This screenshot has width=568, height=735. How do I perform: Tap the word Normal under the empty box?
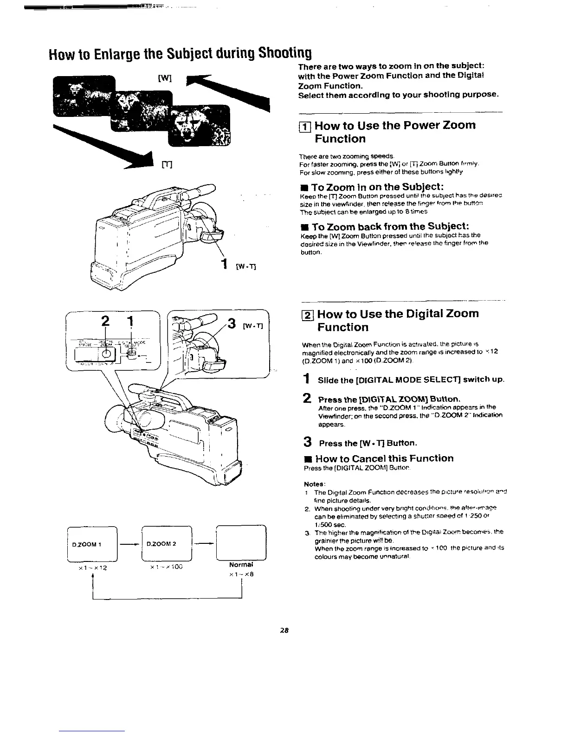coord(240,566)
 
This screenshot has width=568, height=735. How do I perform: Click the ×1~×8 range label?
coord(240,574)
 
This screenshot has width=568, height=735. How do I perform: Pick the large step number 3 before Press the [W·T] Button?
coord(307,442)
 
